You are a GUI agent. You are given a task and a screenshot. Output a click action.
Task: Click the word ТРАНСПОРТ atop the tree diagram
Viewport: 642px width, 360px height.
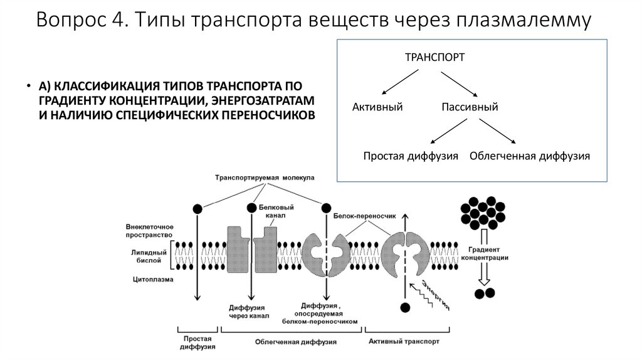pyautogui.click(x=434, y=57)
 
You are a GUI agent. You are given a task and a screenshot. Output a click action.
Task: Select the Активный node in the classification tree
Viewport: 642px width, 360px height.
pyautogui.click(x=377, y=107)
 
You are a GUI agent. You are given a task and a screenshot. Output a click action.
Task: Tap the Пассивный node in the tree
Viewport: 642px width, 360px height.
pyautogui.click(x=470, y=107)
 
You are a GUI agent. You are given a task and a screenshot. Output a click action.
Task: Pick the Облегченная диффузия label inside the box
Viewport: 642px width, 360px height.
pyautogui.click(x=530, y=156)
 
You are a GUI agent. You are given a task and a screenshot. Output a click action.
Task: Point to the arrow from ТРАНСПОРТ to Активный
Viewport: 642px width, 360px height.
pyautogui.click(x=401, y=82)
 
